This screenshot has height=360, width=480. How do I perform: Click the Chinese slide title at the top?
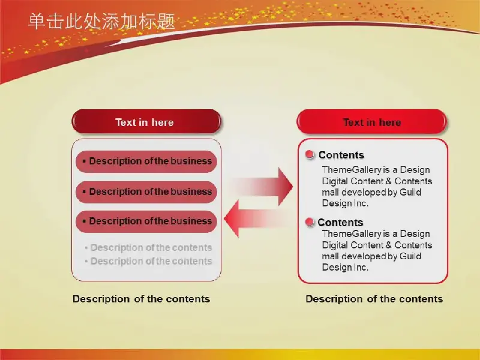coord(101,22)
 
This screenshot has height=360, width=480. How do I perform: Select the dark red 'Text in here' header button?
coord(146,122)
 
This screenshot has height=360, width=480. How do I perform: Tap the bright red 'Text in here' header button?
coord(371,122)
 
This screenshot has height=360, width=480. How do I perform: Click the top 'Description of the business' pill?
coord(146,161)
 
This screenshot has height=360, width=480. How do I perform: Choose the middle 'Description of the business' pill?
coord(146,192)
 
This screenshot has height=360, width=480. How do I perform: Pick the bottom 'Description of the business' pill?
coord(146,221)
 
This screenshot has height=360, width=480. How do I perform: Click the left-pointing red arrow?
coord(257,218)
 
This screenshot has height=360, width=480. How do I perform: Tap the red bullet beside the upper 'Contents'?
coord(310,155)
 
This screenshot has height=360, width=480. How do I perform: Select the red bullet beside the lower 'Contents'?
coord(310,222)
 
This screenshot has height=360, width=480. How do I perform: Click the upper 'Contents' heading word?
coord(341,155)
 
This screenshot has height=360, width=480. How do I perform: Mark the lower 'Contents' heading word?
coord(340,223)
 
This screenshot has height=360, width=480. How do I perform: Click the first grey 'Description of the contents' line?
coord(148,248)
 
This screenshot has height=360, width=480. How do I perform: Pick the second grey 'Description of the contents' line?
coord(148,261)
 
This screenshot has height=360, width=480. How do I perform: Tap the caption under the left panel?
coord(142,299)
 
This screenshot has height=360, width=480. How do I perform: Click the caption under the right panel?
coord(374,299)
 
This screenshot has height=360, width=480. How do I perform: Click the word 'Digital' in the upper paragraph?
coord(335,181)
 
